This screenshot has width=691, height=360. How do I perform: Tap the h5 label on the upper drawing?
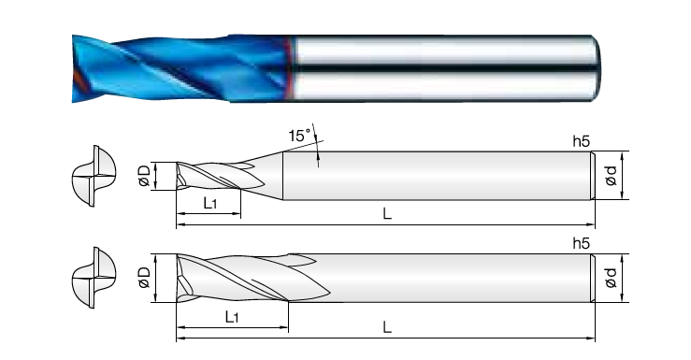pos(581,141)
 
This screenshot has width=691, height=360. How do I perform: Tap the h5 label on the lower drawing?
pos(581,243)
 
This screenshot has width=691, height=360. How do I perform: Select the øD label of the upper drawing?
pos(145,176)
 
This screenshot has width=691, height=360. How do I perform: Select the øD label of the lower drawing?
pos(145,278)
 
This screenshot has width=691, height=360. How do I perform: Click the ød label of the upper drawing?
pos(612,176)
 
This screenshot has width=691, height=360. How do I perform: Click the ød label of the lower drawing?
pos(612,278)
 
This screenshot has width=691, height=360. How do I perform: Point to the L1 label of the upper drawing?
pos(209,203)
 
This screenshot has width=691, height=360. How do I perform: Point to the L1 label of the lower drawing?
pos(231,316)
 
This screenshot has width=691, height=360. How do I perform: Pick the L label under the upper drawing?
pos(387,214)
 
